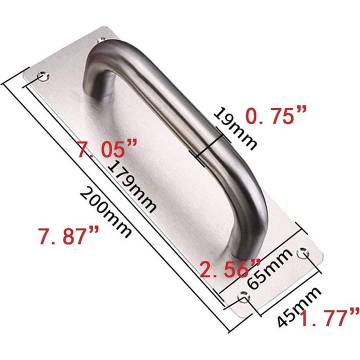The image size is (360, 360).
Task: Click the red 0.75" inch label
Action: point(276,116)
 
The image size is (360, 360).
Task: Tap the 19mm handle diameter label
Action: point(234,128)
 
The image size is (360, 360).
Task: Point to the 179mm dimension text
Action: point(132,185)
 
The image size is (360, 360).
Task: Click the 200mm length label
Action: point(106,212)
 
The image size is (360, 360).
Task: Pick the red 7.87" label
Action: point(69,235)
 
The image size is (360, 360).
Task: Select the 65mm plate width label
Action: point(270,268)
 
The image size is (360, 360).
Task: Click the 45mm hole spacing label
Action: point(299,306)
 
